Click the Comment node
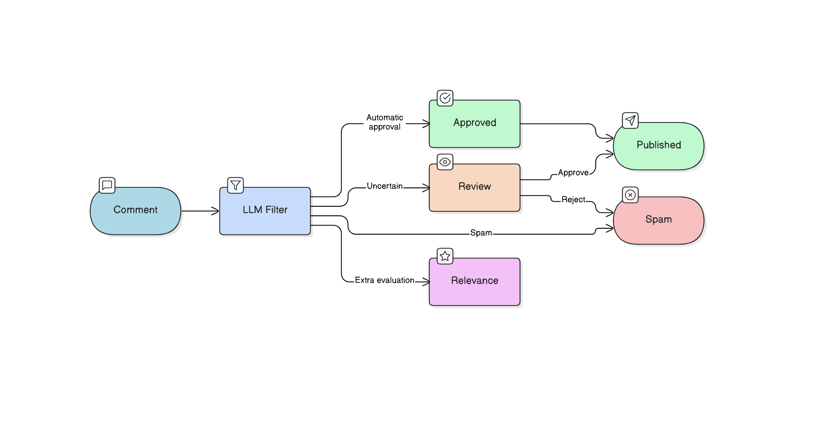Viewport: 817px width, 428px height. coord(135,211)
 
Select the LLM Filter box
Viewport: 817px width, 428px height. coord(265,211)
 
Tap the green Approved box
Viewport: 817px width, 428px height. coord(474,123)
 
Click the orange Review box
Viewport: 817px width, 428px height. coord(474,187)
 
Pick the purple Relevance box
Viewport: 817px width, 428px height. coord(474,281)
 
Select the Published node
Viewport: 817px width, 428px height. coord(658,146)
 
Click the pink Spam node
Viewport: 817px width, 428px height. coord(658,220)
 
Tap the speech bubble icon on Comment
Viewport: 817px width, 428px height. coord(107,185)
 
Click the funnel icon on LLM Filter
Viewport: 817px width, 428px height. coord(235,185)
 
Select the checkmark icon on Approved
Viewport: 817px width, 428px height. coord(445,98)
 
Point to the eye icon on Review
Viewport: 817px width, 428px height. coord(445,162)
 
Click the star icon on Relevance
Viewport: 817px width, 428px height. coord(445,256)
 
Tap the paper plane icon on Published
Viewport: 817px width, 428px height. coord(630,120)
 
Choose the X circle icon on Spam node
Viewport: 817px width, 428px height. coord(630,195)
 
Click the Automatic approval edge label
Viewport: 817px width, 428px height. coord(384,122)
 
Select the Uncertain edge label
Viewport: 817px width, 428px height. coord(384,186)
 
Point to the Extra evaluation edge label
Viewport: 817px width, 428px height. coord(384,280)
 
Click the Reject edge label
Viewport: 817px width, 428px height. coord(573,200)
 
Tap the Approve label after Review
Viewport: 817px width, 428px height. coord(573,173)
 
